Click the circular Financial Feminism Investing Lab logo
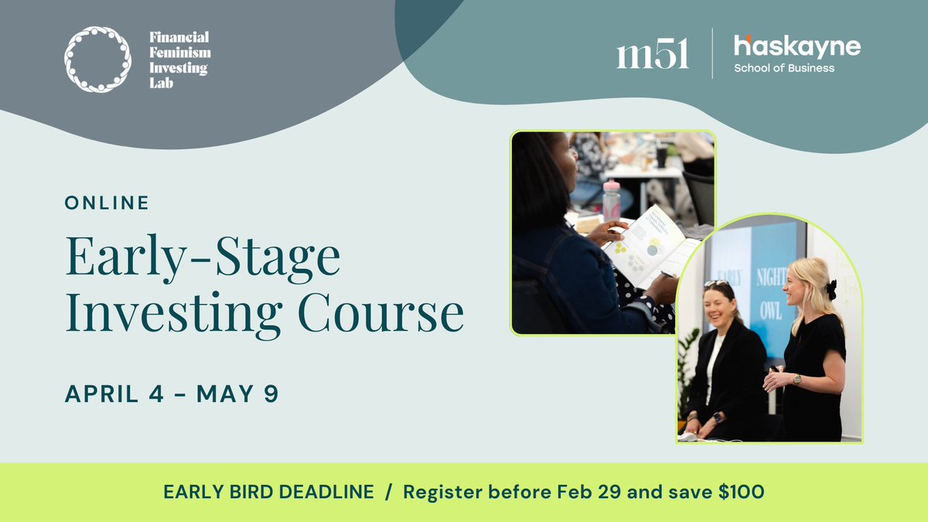[97, 60]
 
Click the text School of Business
[784, 68]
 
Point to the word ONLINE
[107, 203]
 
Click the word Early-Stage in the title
[203, 259]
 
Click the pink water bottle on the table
[612, 200]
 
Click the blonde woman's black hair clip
[831, 289]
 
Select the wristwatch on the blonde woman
[797, 379]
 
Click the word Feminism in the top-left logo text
[179, 53]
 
